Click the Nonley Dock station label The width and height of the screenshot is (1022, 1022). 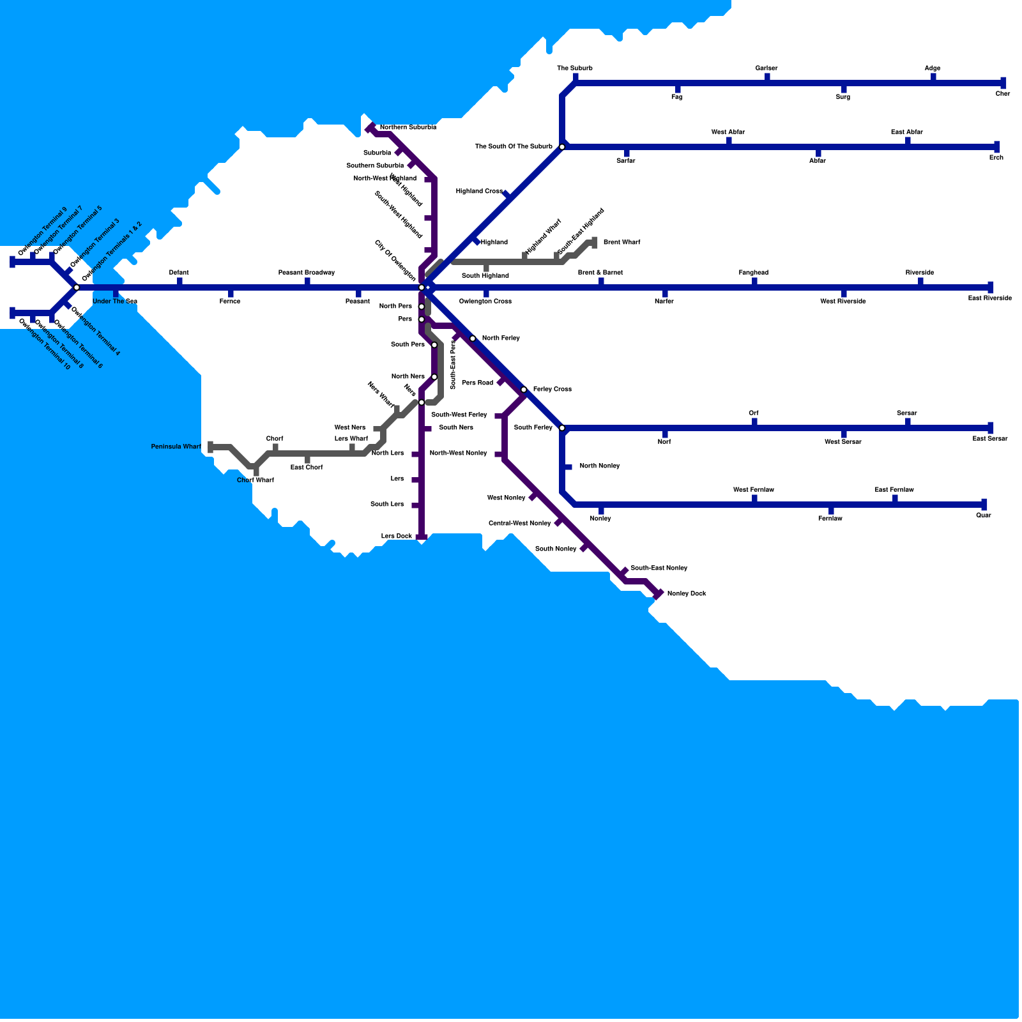(687, 594)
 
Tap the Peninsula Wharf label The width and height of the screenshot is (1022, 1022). (176, 447)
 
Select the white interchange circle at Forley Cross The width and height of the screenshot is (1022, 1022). (524, 390)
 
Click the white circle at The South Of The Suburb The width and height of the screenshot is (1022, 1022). (562, 147)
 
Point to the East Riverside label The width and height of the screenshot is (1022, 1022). (989, 298)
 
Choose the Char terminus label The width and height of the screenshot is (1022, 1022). (1003, 94)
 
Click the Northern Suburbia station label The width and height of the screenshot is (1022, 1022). (408, 128)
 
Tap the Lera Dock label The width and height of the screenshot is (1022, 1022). (397, 537)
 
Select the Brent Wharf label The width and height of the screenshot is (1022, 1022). (622, 243)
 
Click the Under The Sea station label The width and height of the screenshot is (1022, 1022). (115, 301)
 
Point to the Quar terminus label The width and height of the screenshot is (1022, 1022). (984, 515)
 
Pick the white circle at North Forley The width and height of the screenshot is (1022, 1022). (473, 339)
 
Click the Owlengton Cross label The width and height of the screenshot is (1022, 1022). (485, 301)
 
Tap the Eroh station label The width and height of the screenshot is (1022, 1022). (996, 158)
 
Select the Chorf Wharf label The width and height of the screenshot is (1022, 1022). (256, 480)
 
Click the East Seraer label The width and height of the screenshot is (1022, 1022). (989, 439)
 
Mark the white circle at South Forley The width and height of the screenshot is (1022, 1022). (562, 428)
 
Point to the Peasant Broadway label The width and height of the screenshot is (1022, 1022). (307, 273)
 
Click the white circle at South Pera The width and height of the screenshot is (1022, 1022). (434, 345)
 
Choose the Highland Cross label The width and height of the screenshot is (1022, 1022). (479, 192)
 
